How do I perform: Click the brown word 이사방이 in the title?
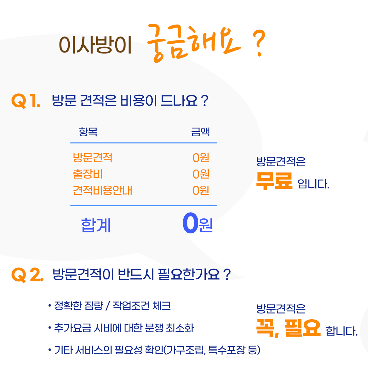pyautogui.click(x=95, y=45)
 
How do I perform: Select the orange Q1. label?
pyautogui.click(x=26, y=101)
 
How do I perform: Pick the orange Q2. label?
pyautogui.click(x=28, y=275)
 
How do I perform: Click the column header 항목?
pyautogui.click(x=88, y=132)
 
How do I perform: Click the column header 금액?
pyautogui.click(x=200, y=132)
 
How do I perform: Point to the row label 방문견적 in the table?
pyautogui.click(x=93, y=158)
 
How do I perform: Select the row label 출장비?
pyautogui.click(x=87, y=174)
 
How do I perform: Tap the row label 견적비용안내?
pyautogui.click(x=102, y=190)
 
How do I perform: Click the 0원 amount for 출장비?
pyautogui.click(x=201, y=174)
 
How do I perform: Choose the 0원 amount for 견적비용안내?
pyautogui.click(x=201, y=190)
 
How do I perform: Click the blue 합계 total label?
pyautogui.click(x=96, y=225)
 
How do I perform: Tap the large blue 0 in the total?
pyautogui.click(x=190, y=223)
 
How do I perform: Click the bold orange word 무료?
pyautogui.click(x=274, y=181)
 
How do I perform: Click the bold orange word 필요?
pyautogui.click(x=303, y=328)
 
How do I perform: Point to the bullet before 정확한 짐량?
pyautogui.click(x=50, y=306)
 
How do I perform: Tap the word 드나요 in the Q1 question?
pyautogui.click(x=179, y=101)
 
